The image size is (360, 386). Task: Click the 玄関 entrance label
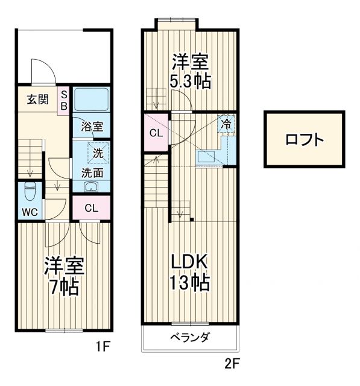[37, 100]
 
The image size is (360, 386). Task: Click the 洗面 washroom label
[92, 172]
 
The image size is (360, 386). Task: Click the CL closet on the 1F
[91, 209]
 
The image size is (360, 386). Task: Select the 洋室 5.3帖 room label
[190, 71]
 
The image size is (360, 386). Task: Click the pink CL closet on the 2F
[156, 133]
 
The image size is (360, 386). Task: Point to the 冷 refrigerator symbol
[226, 124]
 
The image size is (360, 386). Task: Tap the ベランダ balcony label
[189, 337]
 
